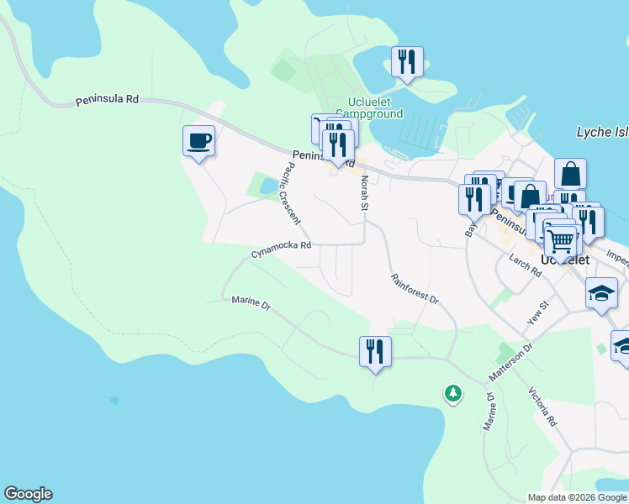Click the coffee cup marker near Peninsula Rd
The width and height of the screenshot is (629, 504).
pyautogui.click(x=198, y=140)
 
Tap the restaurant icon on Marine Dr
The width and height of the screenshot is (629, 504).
pyautogui.click(x=375, y=350)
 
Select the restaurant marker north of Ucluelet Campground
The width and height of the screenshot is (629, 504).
pyautogui.click(x=407, y=61)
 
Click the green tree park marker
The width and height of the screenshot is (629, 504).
pyautogui.click(x=453, y=393)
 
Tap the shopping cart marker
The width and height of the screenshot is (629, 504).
pyautogui.click(x=561, y=241)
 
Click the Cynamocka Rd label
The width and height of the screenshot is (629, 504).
pyautogui.click(x=281, y=249)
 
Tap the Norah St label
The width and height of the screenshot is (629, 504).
pyautogui.click(x=365, y=193)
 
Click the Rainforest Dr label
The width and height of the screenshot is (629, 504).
pyautogui.click(x=415, y=287)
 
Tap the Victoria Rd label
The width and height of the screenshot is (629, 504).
pyautogui.click(x=542, y=407)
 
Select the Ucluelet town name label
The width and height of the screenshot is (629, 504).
pyautogui.click(x=564, y=260)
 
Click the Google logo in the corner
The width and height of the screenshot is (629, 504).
pyautogui.click(x=28, y=494)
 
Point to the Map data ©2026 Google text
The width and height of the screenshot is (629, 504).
pyautogui.click(x=577, y=497)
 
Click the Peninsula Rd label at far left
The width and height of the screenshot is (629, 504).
pyautogui.click(x=107, y=99)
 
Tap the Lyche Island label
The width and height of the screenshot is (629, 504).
pyautogui.click(x=602, y=132)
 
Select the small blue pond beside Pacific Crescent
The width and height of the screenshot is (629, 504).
pyautogui.click(x=267, y=186)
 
